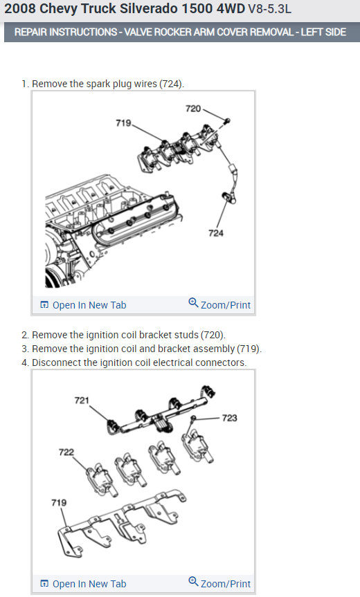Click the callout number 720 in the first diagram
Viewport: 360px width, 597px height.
click(x=193, y=109)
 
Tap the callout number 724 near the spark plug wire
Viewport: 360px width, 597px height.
click(x=216, y=233)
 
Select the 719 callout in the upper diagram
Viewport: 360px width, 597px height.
click(x=123, y=123)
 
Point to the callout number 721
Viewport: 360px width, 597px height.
click(x=82, y=401)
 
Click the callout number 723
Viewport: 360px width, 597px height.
click(x=229, y=418)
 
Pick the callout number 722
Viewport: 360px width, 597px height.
click(x=66, y=452)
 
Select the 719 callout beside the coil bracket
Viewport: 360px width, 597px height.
click(x=59, y=503)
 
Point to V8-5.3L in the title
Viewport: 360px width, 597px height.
click(x=270, y=9)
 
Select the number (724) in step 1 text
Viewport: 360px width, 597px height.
click(x=172, y=84)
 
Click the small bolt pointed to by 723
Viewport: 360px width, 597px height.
click(x=193, y=419)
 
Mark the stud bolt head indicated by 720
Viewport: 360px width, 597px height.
click(x=228, y=121)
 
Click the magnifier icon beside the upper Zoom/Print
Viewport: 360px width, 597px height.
click(x=193, y=303)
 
